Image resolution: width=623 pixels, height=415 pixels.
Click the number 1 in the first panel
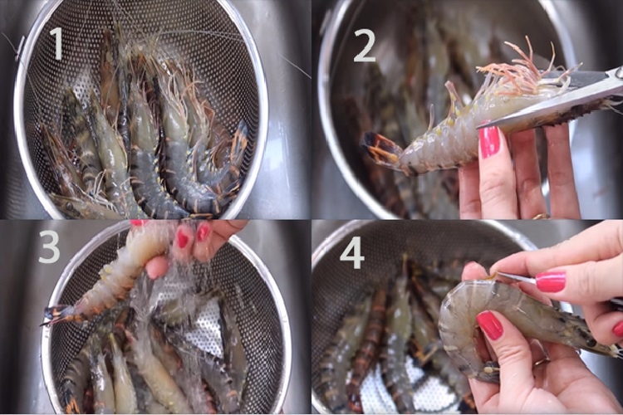[x=56, y=43]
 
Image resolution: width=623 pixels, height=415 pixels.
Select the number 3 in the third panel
[x=49, y=247]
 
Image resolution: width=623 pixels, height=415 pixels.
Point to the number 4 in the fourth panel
[x=352, y=251]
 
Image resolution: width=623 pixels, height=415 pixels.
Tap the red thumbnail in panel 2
[x=490, y=141]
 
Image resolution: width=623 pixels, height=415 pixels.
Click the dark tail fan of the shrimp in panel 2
[x=382, y=151]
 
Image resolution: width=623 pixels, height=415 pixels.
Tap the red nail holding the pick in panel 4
[x=550, y=281]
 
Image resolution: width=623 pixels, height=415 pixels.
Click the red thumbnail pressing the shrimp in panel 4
[x=490, y=325]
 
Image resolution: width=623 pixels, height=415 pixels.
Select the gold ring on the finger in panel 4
[x=541, y=362]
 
